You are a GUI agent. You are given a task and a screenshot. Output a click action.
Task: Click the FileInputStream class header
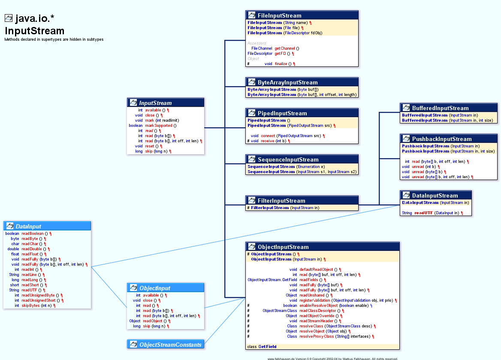tap(302, 15)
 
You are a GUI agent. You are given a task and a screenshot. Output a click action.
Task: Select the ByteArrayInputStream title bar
tap(302, 82)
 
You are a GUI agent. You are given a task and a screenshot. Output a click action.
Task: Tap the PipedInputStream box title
tap(302, 113)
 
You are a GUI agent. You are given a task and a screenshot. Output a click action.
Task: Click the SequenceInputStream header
tap(302, 159)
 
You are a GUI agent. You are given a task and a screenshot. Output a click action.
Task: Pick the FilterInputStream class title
tap(302, 201)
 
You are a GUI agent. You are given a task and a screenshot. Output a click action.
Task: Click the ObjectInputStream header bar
tap(323, 247)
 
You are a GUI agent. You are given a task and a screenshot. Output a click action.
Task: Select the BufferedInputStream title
tap(449, 108)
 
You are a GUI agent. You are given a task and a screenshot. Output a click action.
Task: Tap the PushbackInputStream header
tap(449, 139)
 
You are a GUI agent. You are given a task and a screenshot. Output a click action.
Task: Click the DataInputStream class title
tap(436, 195)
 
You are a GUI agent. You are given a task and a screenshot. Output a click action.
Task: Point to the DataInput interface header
tap(47, 226)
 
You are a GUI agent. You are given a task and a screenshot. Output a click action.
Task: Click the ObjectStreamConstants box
tap(166, 345)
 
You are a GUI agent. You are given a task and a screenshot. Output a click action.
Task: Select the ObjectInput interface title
tap(166, 288)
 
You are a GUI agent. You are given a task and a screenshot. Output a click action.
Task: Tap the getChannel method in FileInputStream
tap(285, 48)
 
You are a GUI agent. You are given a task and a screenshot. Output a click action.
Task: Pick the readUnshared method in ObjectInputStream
tap(311, 295)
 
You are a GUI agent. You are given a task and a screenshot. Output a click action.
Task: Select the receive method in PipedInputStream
tap(267, 141)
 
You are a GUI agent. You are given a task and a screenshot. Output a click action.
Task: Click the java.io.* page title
tap(34, 18)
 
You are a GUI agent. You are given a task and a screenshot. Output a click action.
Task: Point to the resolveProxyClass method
tap(317, 336)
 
